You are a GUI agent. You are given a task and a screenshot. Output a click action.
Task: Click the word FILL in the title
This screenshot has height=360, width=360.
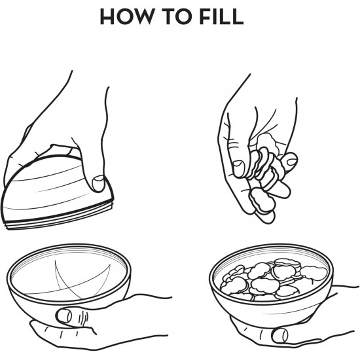pyautogui.click(x=221, y=16)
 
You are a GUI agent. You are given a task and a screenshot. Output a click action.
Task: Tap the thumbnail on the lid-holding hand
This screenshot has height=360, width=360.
pyautogui.click(x=98, y=183)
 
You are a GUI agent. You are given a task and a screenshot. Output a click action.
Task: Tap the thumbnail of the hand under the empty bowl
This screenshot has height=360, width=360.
pyautogui.click(x=64, y=315)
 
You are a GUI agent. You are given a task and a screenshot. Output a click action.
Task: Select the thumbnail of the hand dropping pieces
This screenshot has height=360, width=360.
pyautogui.click(x=238, y=169)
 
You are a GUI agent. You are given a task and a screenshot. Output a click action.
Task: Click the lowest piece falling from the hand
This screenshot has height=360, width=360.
pyautogui.click(x=262, y=200)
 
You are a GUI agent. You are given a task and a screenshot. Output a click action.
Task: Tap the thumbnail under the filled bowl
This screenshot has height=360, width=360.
pyautogui.click(x=279, y=336)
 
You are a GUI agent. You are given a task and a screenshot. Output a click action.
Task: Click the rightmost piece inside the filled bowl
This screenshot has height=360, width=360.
pyautogui.click(x=314, y=273)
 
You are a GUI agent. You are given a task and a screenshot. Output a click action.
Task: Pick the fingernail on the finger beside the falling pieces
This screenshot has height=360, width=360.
pyautogui.click(x=291, y=162)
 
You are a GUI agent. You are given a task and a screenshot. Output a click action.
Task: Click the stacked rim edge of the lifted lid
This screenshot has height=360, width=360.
pyautogui.click(x=58, y=219)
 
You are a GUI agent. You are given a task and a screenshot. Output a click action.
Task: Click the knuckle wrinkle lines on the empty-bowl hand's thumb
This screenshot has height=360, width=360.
pyautogui.click(x=83, y=318)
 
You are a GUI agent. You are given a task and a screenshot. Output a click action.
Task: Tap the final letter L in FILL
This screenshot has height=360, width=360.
pyautogui.click(x=237, y=16)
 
